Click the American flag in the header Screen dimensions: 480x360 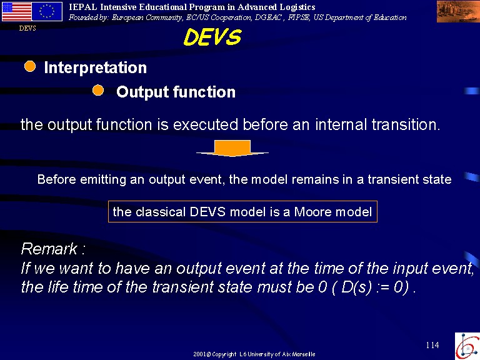click(16, 12)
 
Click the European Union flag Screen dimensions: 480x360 click(47, 12)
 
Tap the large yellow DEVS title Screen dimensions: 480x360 click(212, 37)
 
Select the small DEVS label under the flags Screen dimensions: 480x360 click(27, 28)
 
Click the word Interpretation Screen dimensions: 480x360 click(95, 67)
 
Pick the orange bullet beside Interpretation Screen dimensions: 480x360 click(30, 66)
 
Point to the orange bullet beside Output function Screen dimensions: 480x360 click(98, 90)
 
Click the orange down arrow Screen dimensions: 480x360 click(232, 148)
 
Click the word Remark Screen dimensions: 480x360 click(49, 248)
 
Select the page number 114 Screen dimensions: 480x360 click(432, 345)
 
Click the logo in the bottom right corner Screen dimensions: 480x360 click(467, 346)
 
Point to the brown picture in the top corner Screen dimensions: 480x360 click(458, 12)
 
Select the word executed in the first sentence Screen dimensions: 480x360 click(206, 124)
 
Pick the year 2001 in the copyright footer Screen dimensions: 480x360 click(199, 354)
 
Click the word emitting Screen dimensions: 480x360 click(103, 179)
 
